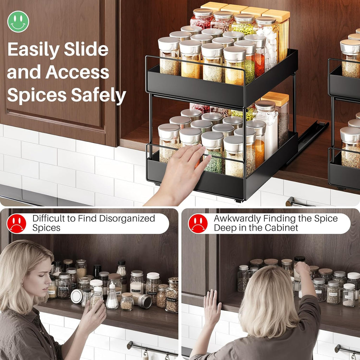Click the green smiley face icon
tap(18, 21)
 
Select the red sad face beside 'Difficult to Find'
tap(17, 224)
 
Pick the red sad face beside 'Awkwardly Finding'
tap(198, 224)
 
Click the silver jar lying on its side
tap(142, 301)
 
